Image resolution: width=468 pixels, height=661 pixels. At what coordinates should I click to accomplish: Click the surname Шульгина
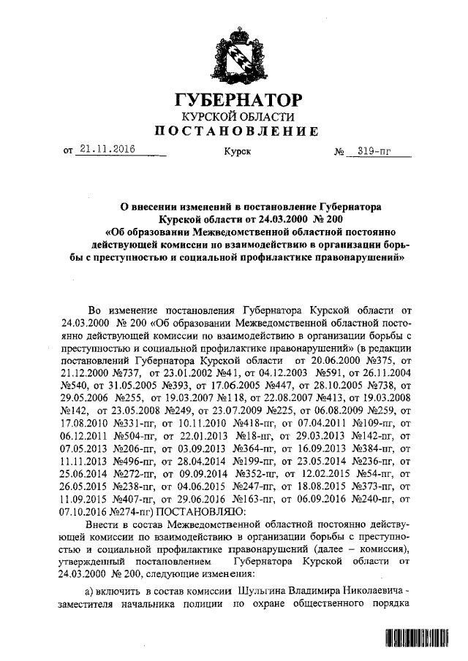tap(262, 589)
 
